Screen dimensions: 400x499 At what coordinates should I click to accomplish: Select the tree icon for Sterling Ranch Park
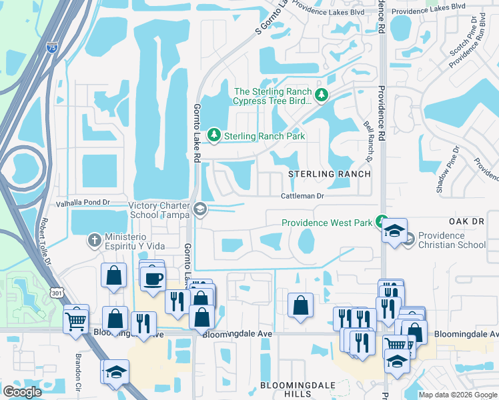pos(214,135)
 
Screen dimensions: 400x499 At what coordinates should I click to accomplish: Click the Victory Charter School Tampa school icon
pos(199,210)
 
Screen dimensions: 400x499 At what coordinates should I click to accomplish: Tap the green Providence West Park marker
pos(381,221)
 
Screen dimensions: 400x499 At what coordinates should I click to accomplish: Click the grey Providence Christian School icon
pos(409,238)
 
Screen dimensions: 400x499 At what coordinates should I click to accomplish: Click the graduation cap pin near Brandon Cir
pos(115,372)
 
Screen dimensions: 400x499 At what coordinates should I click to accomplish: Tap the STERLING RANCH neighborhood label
pos(329,174)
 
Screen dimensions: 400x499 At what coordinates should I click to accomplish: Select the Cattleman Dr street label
pos(301,196)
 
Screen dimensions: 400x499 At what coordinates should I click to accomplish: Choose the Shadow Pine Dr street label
pos(448,169)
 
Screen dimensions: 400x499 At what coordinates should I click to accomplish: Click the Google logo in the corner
pos(22,392)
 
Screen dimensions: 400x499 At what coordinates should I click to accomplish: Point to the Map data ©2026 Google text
pos(457,395)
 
